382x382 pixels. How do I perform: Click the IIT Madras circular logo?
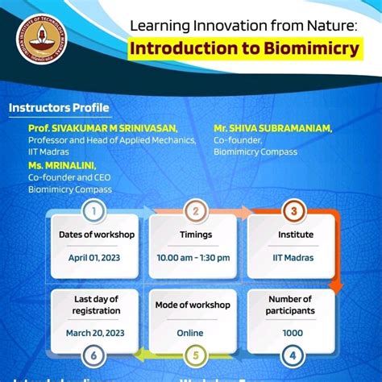point(44,41)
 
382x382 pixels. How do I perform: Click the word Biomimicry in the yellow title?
point(311,48)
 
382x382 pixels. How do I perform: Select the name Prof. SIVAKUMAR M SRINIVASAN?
point(102,128)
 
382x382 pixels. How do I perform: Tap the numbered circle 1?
point(95,212)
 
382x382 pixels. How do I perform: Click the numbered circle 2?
point(195,212)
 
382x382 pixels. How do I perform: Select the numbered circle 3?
point(294,212)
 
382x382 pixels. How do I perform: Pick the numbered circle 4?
point(294,355)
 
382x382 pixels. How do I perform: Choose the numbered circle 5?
point(195,355)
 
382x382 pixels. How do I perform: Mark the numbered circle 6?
point(95,355)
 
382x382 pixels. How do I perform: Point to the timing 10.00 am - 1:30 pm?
point(193,258)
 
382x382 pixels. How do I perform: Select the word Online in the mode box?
point(191,332)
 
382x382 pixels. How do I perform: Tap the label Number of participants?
point(290,305)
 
